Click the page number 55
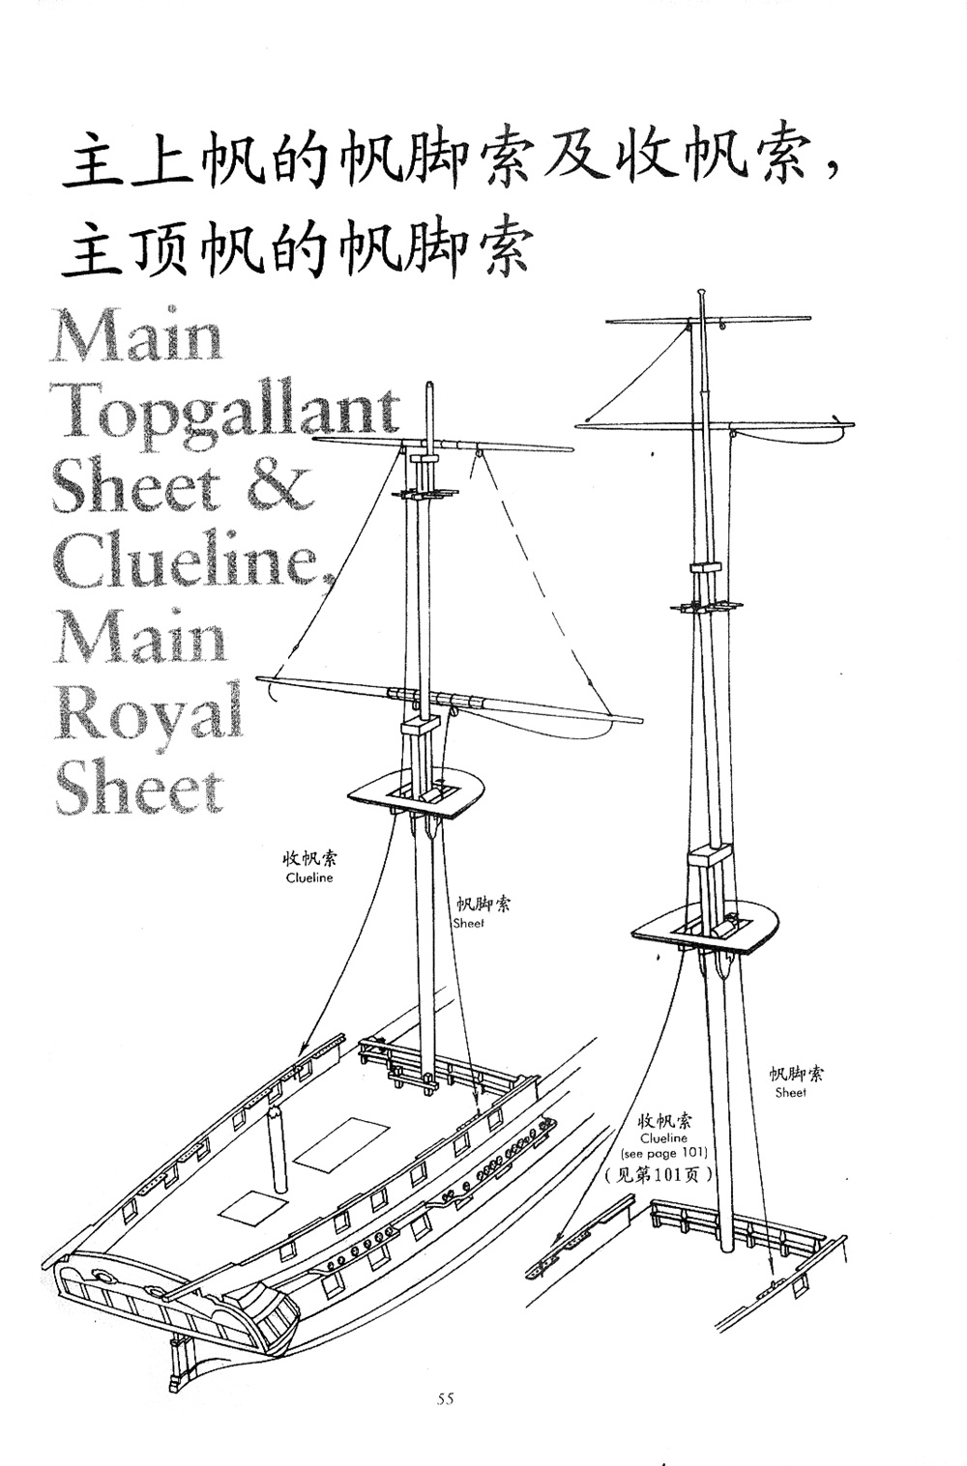coord(445,1398)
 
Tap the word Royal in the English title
coord(148,712)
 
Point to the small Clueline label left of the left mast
coord(309,877)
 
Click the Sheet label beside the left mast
coord(469,923)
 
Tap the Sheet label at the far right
coord(790,1093)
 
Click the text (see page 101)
coord(664,1153)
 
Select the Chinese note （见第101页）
coord(659,1175)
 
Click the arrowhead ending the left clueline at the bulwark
coord(302,1049)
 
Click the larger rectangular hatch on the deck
coord(339,1141)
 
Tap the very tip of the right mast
coord(699,291)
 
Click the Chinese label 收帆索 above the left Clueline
coord(309,858)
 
